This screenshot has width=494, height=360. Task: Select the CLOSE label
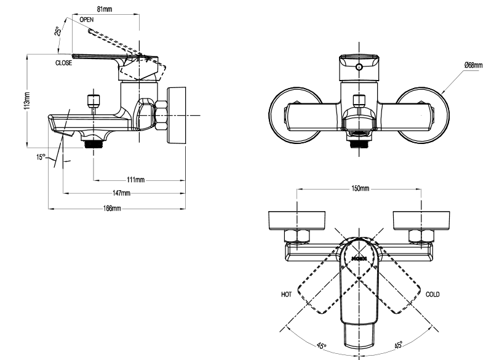click(64, 63)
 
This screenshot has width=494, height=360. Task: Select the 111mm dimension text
click(135, 180)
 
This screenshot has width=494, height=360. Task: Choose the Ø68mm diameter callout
click(475, 65)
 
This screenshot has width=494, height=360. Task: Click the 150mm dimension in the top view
click(360, 188)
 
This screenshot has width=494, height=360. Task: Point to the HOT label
click(285, 294)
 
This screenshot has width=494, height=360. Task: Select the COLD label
click(433, 294)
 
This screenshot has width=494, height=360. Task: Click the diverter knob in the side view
click(94, 100)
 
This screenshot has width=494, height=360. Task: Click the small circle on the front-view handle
click(359, 66)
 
